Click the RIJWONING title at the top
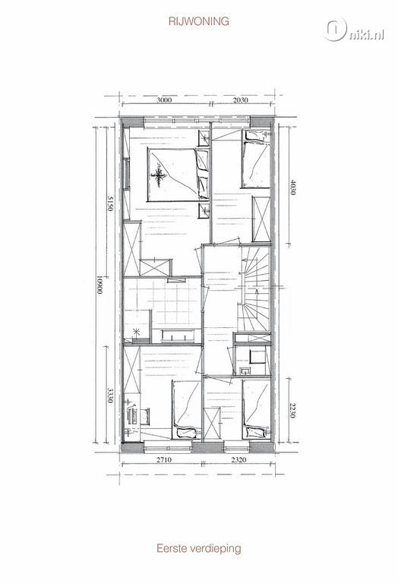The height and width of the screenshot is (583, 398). [199, 21]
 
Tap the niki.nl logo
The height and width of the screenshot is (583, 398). [353, 30]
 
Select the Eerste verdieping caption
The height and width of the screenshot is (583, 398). [199, 548]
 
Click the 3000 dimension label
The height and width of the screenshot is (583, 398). [164, 99]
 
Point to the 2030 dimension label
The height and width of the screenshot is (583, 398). [240, 99]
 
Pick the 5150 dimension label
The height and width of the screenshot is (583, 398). [110, 203]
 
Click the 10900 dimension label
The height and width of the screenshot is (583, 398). [99, 285]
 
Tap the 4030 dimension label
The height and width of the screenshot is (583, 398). [293, 188]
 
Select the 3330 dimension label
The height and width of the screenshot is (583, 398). [110, 395]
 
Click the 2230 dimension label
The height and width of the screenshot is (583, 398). [293, 410]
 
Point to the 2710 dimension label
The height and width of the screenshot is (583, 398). [164, 459]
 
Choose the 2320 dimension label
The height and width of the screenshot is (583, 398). [238, 459]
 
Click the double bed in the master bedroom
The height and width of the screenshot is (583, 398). [178, 175]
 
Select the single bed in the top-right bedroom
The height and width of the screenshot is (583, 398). [256, 159]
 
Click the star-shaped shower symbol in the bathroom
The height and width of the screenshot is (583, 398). [137, 332]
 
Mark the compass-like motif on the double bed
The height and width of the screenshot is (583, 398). [160, 175]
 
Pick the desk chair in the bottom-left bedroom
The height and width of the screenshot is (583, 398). [145, 417]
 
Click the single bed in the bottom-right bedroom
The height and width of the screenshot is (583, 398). [256, 409]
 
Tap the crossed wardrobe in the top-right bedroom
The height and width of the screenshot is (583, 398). [261, 219]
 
